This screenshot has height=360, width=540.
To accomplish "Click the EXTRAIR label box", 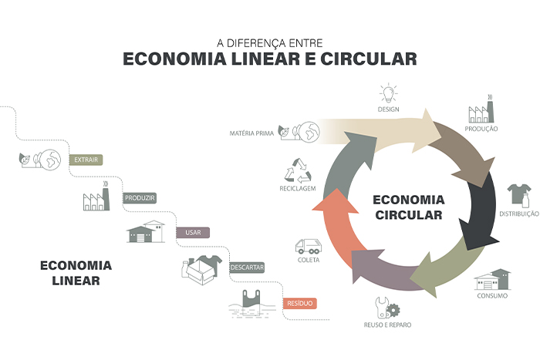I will point(86,160).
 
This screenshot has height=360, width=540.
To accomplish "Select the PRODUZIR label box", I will point(140,197).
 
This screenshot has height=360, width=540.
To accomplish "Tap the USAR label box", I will point(193,232).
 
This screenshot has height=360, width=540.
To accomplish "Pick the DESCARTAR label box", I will point(247,267).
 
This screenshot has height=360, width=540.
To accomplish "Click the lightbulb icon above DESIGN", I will point(388,94).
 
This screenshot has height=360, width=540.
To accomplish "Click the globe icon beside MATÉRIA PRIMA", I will point(307,133).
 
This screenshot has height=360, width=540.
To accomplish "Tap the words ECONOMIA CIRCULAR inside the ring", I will point(408,207).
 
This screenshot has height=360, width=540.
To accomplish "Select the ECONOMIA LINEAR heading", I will point(76,272).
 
